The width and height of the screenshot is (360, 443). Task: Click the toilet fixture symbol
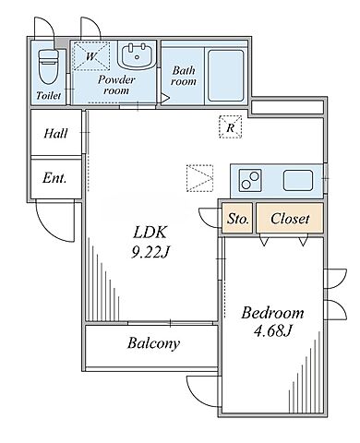[48, 66]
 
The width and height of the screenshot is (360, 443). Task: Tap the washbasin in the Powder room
[138, 56]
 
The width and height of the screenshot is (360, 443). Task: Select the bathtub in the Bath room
[226, 76]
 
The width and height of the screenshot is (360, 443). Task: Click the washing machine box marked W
[91, 56]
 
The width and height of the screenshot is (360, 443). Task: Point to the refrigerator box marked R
[230, 126]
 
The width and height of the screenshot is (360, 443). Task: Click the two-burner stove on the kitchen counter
[250, 181]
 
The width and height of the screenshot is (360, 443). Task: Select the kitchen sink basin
[298, 180]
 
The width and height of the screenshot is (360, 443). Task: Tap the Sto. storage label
[238, 219]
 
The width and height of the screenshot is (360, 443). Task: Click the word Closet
[290, 219]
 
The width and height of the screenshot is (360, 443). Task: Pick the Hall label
[55, 134]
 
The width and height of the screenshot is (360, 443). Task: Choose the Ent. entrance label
[54, 178]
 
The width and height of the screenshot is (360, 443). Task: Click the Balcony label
[153, 343]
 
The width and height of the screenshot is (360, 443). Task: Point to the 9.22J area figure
[150, 253]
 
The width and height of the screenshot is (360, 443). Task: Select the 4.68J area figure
[272, 331]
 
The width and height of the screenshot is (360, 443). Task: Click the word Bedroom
[272, 313]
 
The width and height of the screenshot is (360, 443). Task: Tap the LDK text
[150, 233]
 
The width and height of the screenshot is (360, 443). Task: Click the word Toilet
[49, 95]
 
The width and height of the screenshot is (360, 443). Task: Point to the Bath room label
[184, 76]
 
